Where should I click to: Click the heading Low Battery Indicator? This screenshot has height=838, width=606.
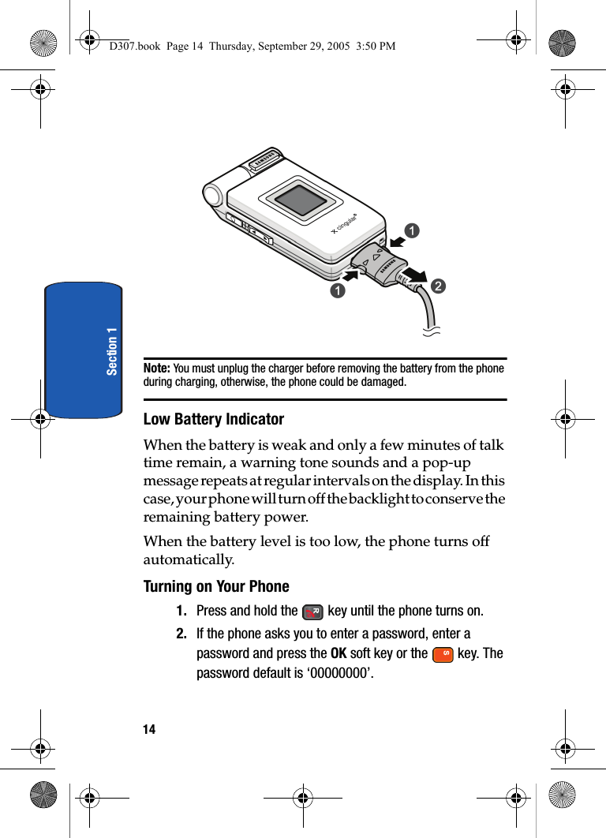coord(214,419)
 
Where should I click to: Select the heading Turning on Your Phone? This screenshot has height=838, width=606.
coord(216,586)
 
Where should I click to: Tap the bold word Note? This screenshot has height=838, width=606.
coord(156,368)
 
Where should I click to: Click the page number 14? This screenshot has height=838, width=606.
coord(149,729)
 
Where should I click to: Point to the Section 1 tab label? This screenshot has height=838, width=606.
coord(112,350)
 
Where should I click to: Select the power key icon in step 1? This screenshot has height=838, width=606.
coord(312,612)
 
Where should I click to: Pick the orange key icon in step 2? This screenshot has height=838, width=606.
coord(443,654)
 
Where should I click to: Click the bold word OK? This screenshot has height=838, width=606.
coord(338,653)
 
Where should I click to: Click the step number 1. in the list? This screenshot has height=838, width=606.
coord(181,611)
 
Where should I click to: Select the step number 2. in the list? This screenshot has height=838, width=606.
coord(181,634)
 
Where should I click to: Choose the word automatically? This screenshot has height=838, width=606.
coord(189,560)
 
